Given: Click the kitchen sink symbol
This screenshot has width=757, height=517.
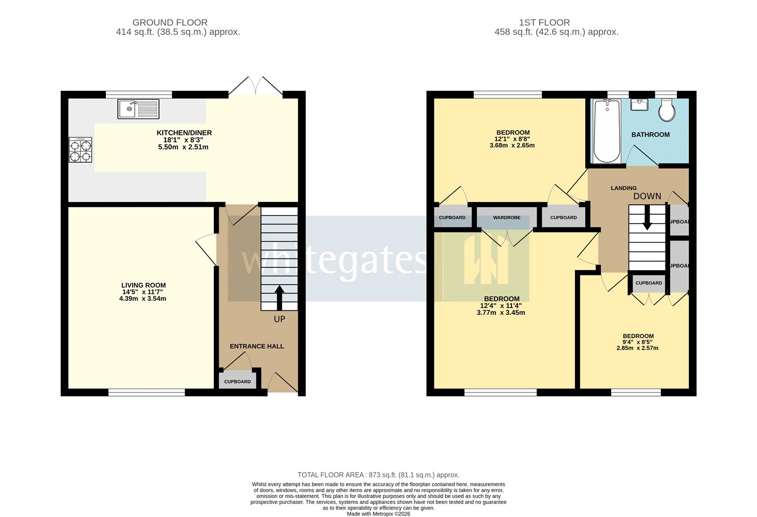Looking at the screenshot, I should tap(138, 109).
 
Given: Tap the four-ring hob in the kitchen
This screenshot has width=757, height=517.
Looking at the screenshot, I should tap(80, 150).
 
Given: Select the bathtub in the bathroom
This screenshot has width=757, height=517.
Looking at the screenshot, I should tap(607, 131).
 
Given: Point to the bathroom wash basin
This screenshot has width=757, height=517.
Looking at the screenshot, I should tap(639, 104).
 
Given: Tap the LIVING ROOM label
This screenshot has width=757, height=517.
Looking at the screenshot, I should tap(143, 285).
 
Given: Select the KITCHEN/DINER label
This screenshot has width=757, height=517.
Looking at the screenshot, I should tap(184, 133).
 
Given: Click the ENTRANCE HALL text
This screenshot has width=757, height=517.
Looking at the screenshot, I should tap(257, 346).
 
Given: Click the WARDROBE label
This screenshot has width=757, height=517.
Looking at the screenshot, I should tap(506, 218).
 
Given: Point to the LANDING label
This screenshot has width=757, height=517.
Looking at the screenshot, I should tap(624, 188).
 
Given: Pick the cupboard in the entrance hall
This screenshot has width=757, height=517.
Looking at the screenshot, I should tap(238, 381).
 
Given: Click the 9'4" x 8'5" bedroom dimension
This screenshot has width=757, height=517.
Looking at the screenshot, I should tap(637, 342).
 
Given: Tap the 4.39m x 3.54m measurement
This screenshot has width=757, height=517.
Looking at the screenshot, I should tap(142, 298).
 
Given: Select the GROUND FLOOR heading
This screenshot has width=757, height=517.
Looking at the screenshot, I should tap(170, 22).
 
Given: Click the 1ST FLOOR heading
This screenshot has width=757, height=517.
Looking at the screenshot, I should tap(544, 22).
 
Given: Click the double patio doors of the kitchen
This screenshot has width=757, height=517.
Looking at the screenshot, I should tap(256, 88).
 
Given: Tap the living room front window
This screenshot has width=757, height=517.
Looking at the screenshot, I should tap(147, 392).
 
